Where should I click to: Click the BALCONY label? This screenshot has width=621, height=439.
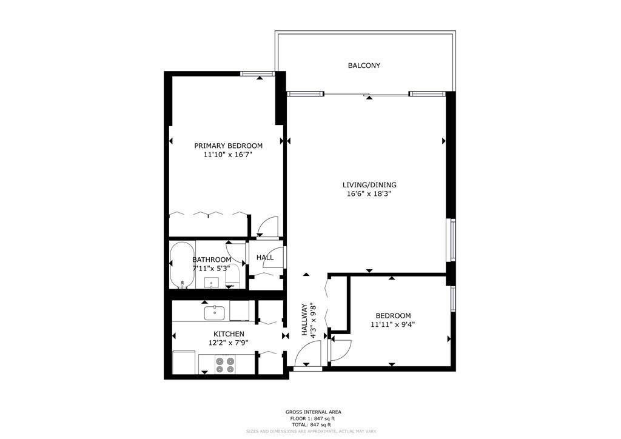(364, 65)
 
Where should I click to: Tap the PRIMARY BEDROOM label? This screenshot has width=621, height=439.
(228, 146)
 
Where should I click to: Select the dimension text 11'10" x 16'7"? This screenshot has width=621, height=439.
(228, 155)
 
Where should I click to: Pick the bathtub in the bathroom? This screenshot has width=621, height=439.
(182, 266)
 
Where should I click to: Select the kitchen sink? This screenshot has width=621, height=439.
(215, 313)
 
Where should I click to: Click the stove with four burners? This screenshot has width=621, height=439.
(227, 363)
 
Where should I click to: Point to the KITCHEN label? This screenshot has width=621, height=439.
(229, 334)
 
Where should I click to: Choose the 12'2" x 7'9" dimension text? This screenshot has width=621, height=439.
(229, 343)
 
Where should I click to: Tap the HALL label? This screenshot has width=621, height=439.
(265, 258)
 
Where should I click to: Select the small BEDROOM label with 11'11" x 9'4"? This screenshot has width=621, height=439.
(393, 316)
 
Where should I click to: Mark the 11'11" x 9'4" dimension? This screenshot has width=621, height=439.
(393, 324)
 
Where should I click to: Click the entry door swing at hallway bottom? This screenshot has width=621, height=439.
(309, 355)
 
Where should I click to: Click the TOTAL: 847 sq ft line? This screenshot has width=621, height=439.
(310, 425)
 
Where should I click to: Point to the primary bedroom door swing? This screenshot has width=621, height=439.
(267, 226)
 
